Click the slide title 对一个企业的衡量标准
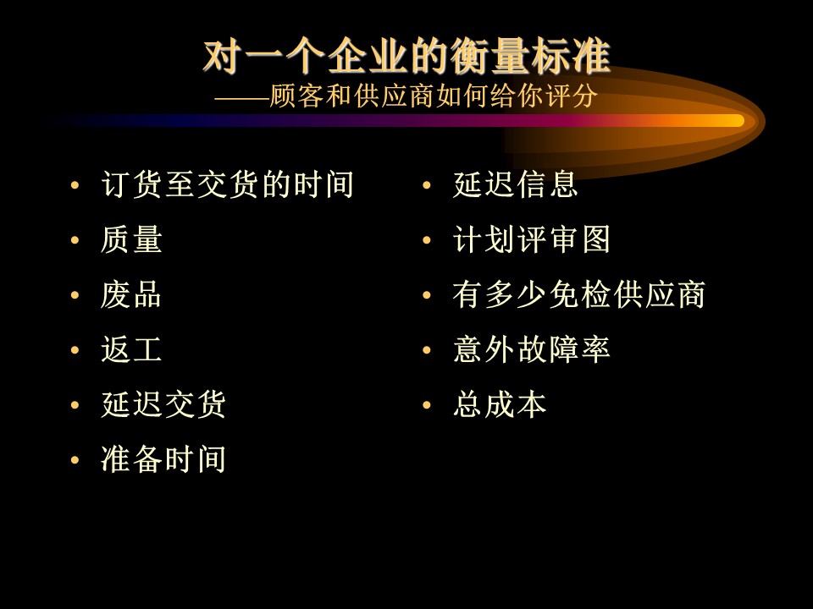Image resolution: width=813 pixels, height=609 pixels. point(406,56)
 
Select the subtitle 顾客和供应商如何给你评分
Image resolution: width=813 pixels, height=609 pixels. point(434,96)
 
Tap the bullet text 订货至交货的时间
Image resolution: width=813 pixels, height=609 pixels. point(228,184)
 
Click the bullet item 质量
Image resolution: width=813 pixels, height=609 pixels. point(132,239)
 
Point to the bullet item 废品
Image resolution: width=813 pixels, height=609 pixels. point(132,294)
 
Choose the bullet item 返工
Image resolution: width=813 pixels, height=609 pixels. point(132,349)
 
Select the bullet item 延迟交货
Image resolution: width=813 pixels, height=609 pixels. point(163,404)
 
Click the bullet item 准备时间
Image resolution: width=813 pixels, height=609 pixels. point(163,459)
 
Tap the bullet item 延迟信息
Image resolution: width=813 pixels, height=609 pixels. point(516,184)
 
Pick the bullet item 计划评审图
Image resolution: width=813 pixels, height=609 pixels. point(532,239)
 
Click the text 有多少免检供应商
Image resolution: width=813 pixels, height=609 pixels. point(579,294)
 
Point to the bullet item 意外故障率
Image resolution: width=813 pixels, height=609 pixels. point(532,349)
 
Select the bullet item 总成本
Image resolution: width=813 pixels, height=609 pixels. point(500,404)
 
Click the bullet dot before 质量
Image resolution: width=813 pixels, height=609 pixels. point(75,240)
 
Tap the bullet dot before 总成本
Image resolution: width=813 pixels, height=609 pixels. point(427,405)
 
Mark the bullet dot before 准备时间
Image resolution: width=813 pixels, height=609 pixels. point(75,460)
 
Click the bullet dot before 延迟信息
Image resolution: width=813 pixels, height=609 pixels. point(427,185)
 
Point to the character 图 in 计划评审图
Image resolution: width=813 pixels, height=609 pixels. point(596,239)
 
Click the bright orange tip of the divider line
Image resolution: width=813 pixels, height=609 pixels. point(738,121)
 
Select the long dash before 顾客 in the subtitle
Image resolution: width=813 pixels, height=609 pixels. point(242,98)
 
